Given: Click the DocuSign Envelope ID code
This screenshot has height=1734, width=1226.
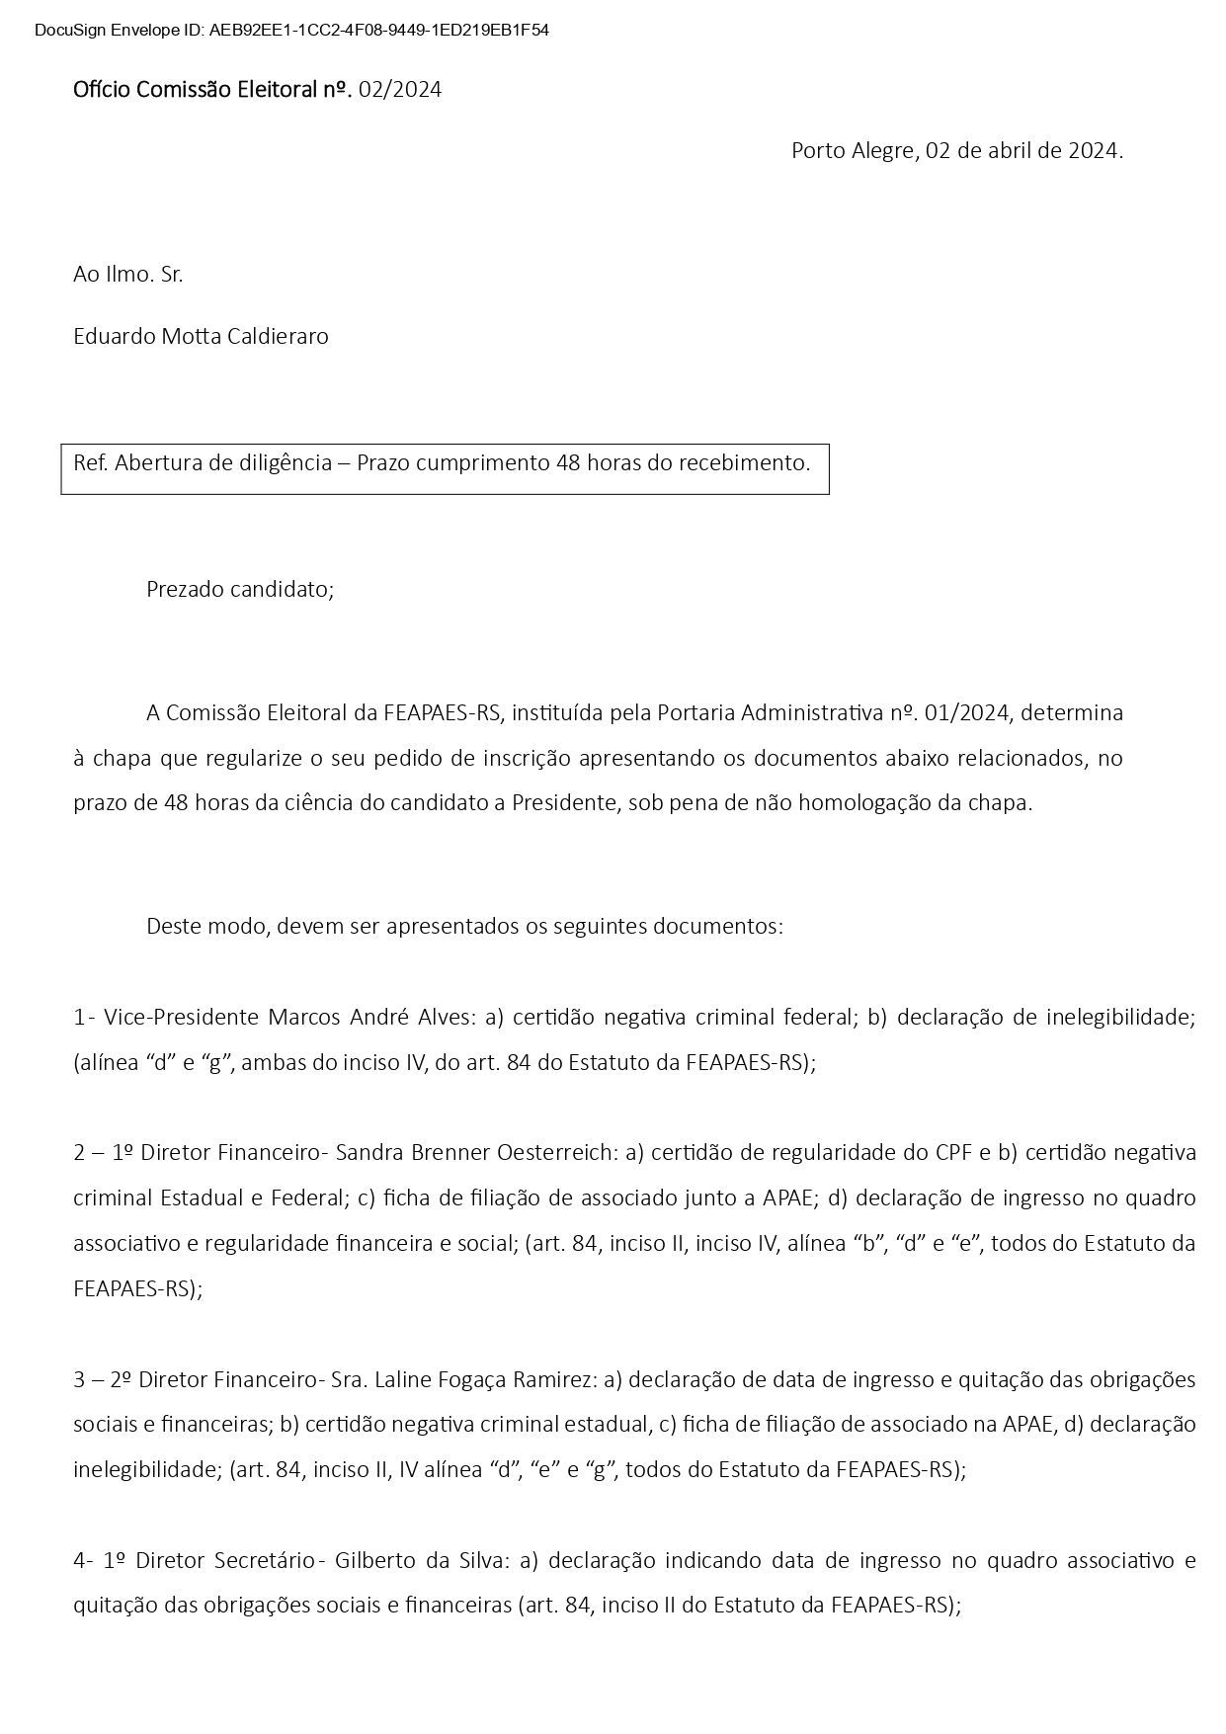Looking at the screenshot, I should (379, 31).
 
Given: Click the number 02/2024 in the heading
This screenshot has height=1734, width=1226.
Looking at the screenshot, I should (400, 90).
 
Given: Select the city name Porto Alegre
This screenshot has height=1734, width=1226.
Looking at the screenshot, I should (855, 151).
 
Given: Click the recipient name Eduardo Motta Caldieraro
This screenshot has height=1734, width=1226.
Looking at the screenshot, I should (201, 336).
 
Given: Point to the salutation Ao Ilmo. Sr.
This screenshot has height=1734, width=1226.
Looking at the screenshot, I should (128, 274).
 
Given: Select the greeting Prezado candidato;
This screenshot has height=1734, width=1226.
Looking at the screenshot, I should (240, 589).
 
